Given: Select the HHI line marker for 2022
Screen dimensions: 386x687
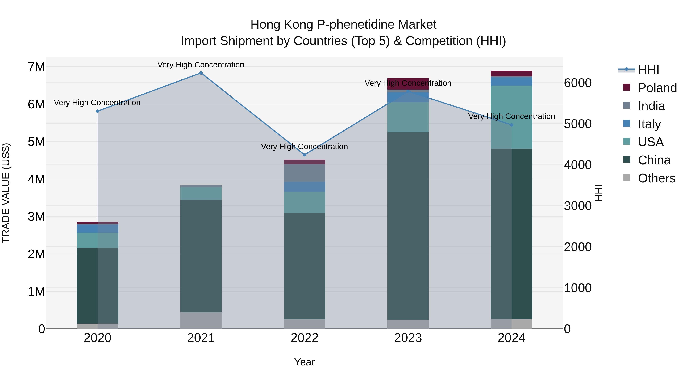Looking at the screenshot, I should pyautogui.click(x=305, y=155).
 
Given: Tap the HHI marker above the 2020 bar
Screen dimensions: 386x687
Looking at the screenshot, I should pyautogui.click(x=98, y=111).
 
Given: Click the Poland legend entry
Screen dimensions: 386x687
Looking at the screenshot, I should pyautogui.click(x=657, y=88).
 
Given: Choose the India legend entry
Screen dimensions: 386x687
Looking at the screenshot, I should pyautogui.click(x=651, y=106).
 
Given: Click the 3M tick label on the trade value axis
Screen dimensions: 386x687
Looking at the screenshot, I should pyautogui.click(x=36, y=217).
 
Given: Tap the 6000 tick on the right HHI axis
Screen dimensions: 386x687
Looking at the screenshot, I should pyautogui.click(x=578, y=83).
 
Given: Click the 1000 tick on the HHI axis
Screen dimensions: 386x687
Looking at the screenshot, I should pyautogui.click(x=578, y=288).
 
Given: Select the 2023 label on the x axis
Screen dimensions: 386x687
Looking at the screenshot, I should pyautogui.click(x=408, y=338).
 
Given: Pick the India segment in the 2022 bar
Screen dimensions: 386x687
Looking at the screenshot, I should pyautogui.click(x=305, y=173).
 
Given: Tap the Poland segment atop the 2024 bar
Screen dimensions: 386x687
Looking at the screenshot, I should pyautogui.click(x=511, y=74).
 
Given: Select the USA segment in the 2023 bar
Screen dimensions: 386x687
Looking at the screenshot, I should pyautogui.click(x=408, y=117).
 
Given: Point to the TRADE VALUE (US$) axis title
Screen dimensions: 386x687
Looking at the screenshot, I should pyautogui.click(x=6, y=193).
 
